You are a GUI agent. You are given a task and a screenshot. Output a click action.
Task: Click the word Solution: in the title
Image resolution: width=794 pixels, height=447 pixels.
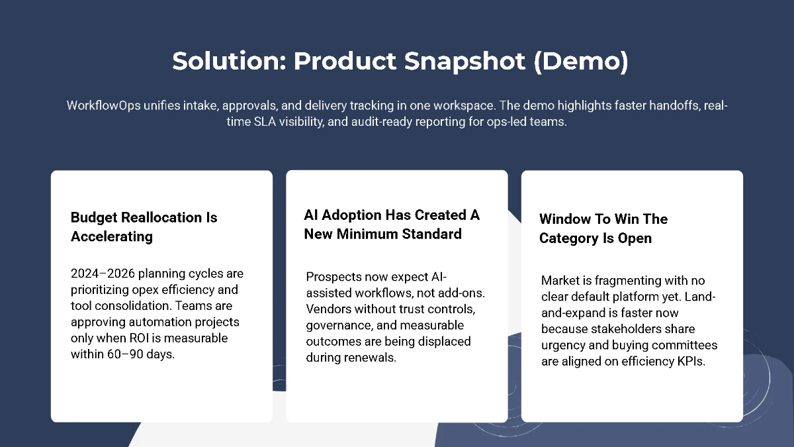[229, 62]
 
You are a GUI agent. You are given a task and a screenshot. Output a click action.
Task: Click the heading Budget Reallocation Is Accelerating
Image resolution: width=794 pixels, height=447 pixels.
[144, 226]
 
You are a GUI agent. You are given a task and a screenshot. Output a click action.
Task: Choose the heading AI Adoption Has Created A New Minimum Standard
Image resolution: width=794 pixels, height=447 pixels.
[392, 224]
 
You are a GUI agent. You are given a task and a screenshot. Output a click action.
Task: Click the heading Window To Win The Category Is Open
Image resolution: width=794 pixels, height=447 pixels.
[603, 228]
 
